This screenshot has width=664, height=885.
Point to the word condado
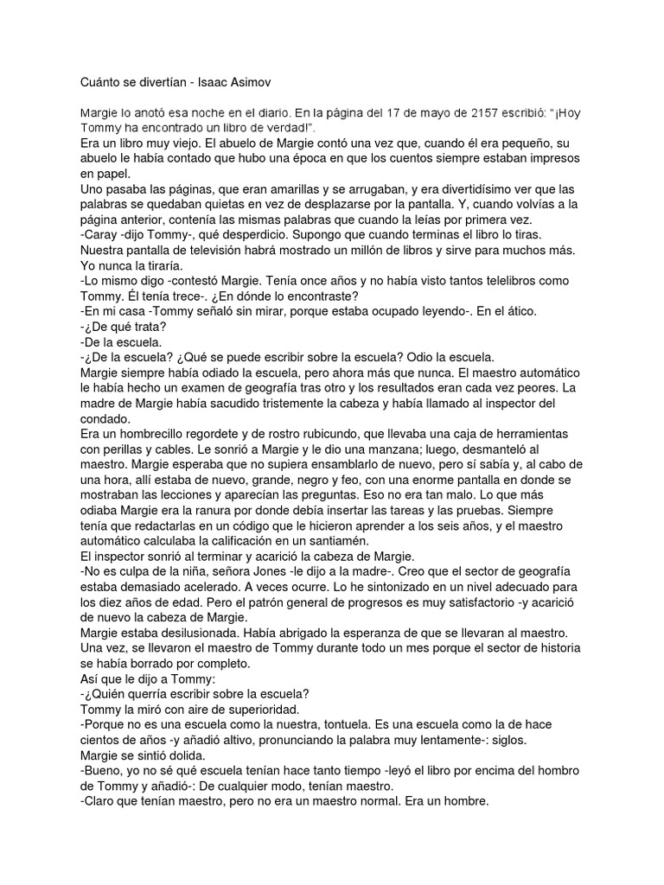105,419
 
